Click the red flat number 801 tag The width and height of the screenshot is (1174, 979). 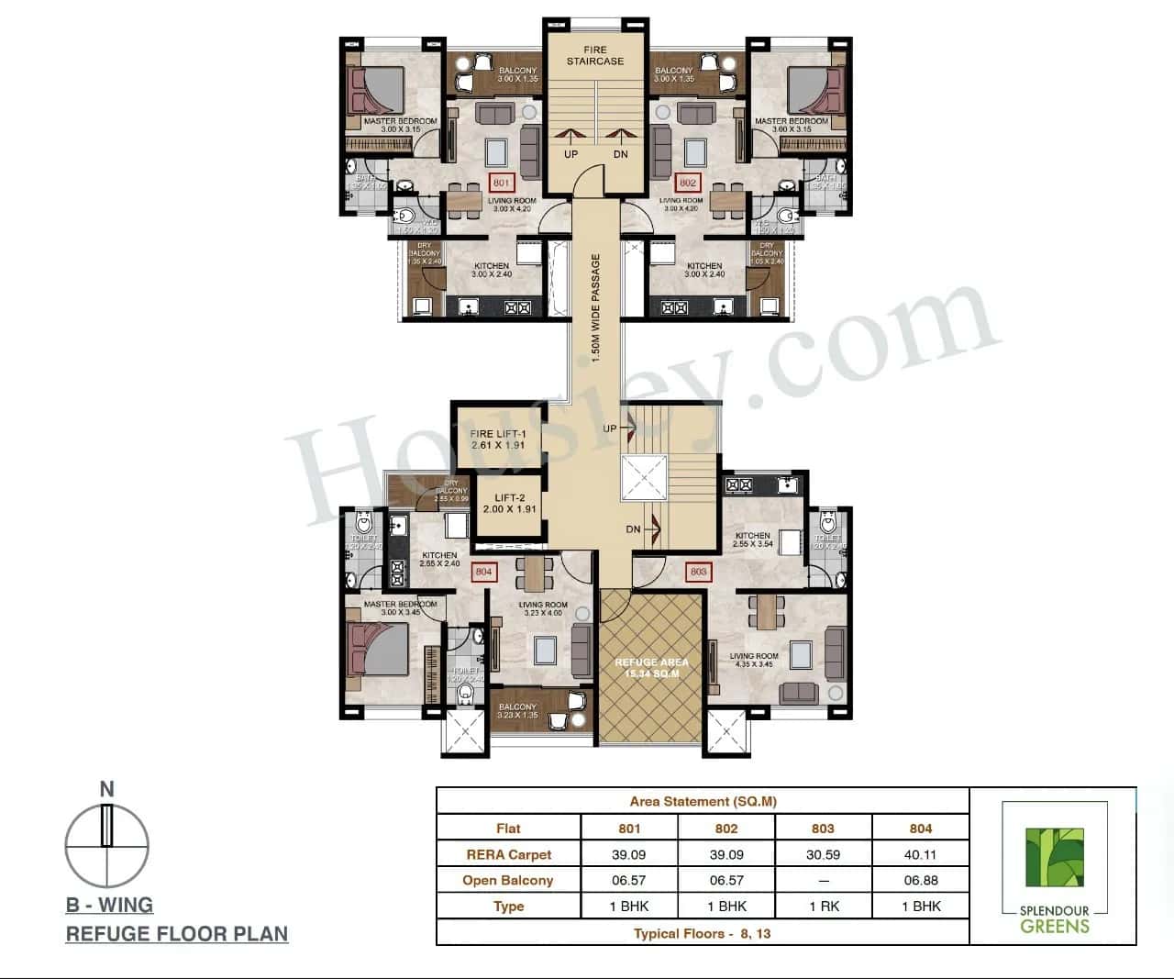tap(501, 184)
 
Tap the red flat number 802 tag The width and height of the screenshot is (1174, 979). tap(688, 184)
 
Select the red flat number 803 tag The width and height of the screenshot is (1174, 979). tap(698, 572)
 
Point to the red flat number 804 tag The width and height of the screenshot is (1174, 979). tap(483, 572)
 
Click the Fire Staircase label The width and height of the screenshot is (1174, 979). tap(594, 56)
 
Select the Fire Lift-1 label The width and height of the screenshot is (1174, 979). tap(498, 439)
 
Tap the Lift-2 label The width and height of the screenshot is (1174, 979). tap(509, 503)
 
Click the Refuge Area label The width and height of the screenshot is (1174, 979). tap(651, 668)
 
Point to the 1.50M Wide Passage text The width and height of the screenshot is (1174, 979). tap(595, 308)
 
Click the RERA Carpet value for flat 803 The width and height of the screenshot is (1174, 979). tap(823, 854)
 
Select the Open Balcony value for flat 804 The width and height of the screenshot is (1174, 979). tap(920, 880)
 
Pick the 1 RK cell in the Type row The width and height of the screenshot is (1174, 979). tap(823, 906)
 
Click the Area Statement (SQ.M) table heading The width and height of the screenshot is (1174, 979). tap(703, 801)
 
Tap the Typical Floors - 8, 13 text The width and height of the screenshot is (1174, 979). tap(703, 933)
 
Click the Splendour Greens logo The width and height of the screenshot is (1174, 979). tap(1054, 867)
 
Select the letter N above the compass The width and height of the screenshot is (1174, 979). tap(107, 789)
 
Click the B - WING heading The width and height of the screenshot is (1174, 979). tap(109, 905)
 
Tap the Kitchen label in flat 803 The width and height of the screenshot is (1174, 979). tap(753, 540)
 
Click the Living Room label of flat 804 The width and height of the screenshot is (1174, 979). tap(543, 608)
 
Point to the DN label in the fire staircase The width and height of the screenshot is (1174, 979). tap(621, 154)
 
